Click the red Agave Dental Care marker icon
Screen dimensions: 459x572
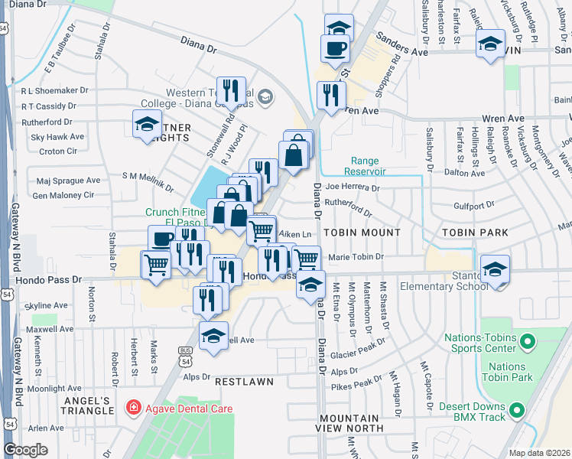point(135,409)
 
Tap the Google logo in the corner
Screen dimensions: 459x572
point(26,450)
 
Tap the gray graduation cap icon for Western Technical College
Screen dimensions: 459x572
point(265,96)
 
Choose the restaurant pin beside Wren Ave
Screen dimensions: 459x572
point(330,96)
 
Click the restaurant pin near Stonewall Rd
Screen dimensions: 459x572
point(230,91)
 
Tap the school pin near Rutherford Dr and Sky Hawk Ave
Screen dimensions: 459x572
point(146,125)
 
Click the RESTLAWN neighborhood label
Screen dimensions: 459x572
point(244,380)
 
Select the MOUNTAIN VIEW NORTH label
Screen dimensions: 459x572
point(349,424)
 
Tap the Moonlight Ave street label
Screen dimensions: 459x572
point(55,389)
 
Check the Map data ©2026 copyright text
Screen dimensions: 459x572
point(538,452)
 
